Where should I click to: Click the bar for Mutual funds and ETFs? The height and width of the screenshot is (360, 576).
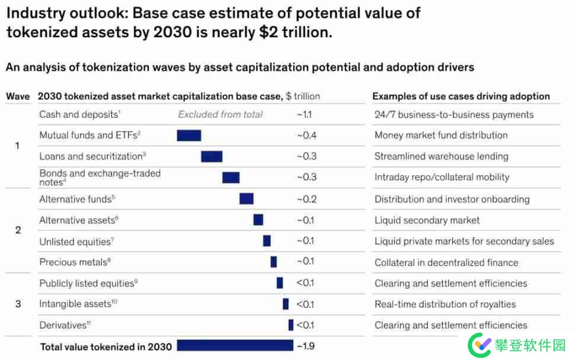[x=189, y=136]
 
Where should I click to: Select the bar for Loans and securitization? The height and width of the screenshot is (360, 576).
[x=212, y=156]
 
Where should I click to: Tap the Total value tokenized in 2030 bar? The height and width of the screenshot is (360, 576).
[x=235, y=345]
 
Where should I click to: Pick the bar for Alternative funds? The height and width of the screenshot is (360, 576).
[x=247, y=199]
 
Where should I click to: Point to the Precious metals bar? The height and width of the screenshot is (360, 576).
[x=274, y=262]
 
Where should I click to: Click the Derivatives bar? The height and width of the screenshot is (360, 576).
[x=291, y=325]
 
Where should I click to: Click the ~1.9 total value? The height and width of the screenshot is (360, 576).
[x=306, y=346]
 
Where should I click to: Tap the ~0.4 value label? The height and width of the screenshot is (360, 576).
[x=306, y=136]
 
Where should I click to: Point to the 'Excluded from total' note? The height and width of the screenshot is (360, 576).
[x=220, y=115]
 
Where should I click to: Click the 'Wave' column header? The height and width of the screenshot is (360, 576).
[x=18, y=97]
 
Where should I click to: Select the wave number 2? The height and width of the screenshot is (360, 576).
[x=18, y=230]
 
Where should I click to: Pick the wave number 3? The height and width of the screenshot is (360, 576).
[x=18, y=304]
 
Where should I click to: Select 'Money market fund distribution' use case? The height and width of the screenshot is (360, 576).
[x=441, y=136]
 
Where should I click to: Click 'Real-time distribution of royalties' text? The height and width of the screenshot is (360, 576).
[x=445, y=304]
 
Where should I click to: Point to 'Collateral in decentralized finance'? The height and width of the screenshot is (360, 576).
[x=446, y=262]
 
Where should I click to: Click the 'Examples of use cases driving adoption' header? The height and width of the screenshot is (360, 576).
[x=461, y=97]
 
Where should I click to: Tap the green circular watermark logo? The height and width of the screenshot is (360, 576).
[x=480, y=344]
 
